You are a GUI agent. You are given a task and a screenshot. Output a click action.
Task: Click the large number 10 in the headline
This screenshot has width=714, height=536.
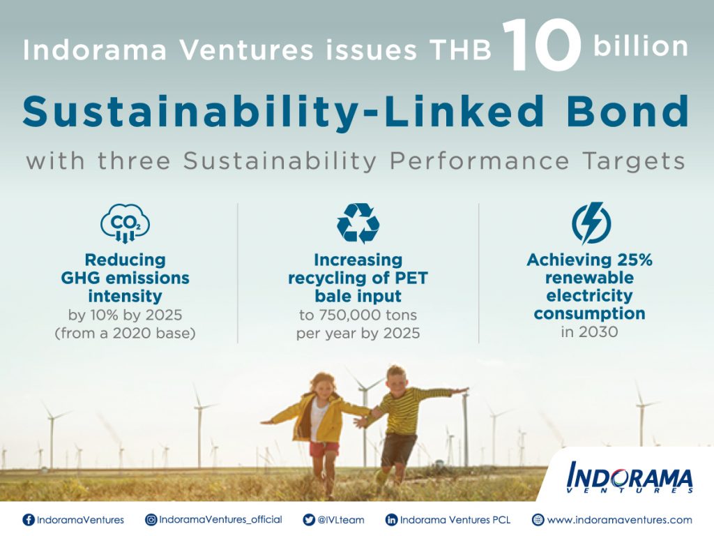point(541,45)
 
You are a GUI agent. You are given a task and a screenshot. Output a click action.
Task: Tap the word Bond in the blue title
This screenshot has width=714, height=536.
point(628,111)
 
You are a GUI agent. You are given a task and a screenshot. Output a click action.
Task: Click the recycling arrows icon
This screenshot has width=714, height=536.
point(358,223)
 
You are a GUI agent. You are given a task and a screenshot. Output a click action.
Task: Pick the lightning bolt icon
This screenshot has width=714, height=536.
point(591,223)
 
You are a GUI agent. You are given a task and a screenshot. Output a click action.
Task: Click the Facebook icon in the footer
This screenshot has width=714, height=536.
point(29,519)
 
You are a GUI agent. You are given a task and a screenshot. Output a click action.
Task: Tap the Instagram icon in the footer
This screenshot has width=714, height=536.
point(151,519)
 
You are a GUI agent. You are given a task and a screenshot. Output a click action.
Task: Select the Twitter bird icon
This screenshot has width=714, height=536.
point(309,519)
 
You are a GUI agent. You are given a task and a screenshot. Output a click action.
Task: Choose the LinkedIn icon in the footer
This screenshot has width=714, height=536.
point(391,519)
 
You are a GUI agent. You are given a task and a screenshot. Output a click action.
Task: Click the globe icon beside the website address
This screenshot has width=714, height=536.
point(538,519)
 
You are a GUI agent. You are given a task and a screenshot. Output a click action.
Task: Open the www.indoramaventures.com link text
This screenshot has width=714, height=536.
point(619,519)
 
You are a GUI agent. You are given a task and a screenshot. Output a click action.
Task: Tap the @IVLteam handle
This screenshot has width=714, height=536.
point(340,519)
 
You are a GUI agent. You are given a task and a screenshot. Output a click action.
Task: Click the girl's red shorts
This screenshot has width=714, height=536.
point(324,449)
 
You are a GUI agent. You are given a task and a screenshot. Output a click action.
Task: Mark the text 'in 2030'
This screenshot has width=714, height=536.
point(589,332)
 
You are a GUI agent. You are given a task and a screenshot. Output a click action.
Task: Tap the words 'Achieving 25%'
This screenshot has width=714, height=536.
point(589,260)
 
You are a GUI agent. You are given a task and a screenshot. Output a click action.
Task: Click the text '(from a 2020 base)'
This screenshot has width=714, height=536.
point(126,333)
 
